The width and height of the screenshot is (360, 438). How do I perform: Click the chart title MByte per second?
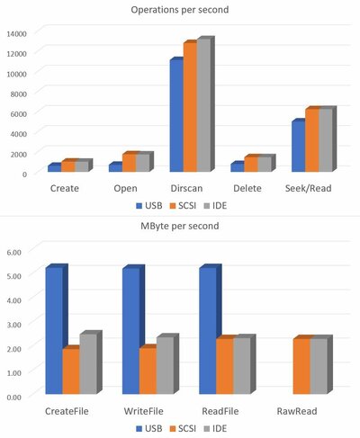tap(181, 226)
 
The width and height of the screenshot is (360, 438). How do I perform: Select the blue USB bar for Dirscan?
tap(175, 115)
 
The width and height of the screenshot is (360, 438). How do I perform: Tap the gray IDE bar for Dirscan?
tap(203, 106)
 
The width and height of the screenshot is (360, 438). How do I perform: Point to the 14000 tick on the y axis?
tap(18, 33)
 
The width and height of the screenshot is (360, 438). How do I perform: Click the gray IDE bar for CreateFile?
tap(86, 364)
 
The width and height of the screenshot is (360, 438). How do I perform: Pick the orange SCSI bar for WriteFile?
tap(147, 371)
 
